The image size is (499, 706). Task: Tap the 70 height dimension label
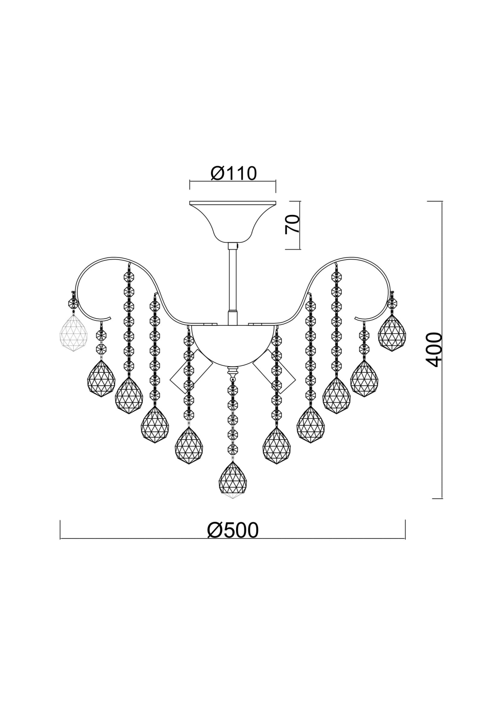pos(292,224)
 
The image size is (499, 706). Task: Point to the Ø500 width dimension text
pos(233,530)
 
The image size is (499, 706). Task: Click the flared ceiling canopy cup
pos(233,221)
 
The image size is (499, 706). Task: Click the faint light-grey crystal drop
pos(73,333)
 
